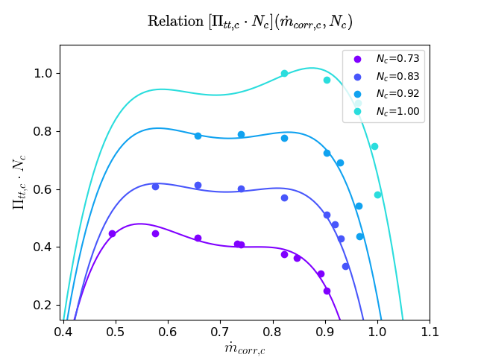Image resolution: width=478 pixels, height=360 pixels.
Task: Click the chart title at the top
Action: [249, 22]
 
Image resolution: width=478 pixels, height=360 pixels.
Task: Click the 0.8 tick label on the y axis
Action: [42, 132]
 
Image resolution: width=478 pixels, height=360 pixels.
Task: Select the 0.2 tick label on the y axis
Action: [42, 306]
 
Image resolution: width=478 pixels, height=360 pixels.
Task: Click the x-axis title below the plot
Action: [245, 348]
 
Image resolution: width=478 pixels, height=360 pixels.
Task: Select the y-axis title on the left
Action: [18, 183]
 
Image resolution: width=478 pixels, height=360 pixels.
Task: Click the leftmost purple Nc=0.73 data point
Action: [112, 233]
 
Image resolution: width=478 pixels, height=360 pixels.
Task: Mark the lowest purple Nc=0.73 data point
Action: [327, 291]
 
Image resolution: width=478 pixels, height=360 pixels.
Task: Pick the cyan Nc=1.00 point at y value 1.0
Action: [284, 73]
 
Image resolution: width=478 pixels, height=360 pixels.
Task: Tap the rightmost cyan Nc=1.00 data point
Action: [377, 195]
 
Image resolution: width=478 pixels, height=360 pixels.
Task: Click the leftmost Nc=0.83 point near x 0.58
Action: [155, 186]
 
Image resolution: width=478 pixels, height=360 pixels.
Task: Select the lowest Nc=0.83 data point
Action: [345, 266]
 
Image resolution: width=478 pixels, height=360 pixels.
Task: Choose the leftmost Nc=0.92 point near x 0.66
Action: [198, 136]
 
